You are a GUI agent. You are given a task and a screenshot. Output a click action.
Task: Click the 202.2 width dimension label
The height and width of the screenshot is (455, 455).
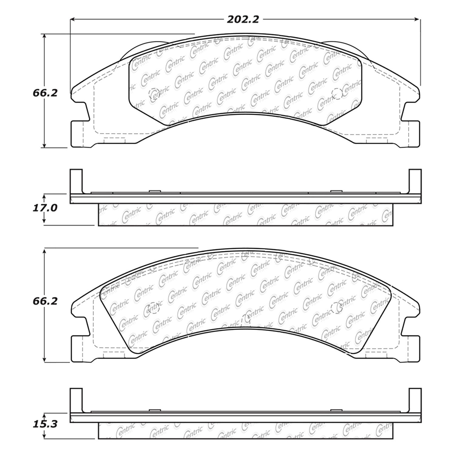[x=243, y=20]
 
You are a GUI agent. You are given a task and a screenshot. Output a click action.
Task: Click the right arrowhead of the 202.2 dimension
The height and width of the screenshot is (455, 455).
[x=417, y=19]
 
